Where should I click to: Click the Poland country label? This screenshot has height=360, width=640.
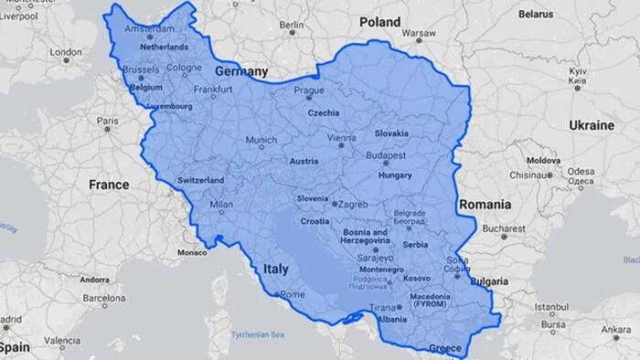click(x=379, y=21)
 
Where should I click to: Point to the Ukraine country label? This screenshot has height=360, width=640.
click(x=592, y=124)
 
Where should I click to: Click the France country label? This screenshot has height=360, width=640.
click(x=109, y=185)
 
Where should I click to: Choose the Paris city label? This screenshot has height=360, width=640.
click(x=109, y=121)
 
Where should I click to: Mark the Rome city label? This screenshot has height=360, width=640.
click(x=292, y=294)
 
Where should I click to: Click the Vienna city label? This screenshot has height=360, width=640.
click(x=341, y=137)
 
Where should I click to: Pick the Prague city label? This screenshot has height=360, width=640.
click(x=309, y=90)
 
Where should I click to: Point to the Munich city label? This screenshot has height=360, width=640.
click(x=260, y=141)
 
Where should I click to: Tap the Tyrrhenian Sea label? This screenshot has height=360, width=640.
click(x=258, y=334)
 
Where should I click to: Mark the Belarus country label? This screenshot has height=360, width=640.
click(x=536, y=15)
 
